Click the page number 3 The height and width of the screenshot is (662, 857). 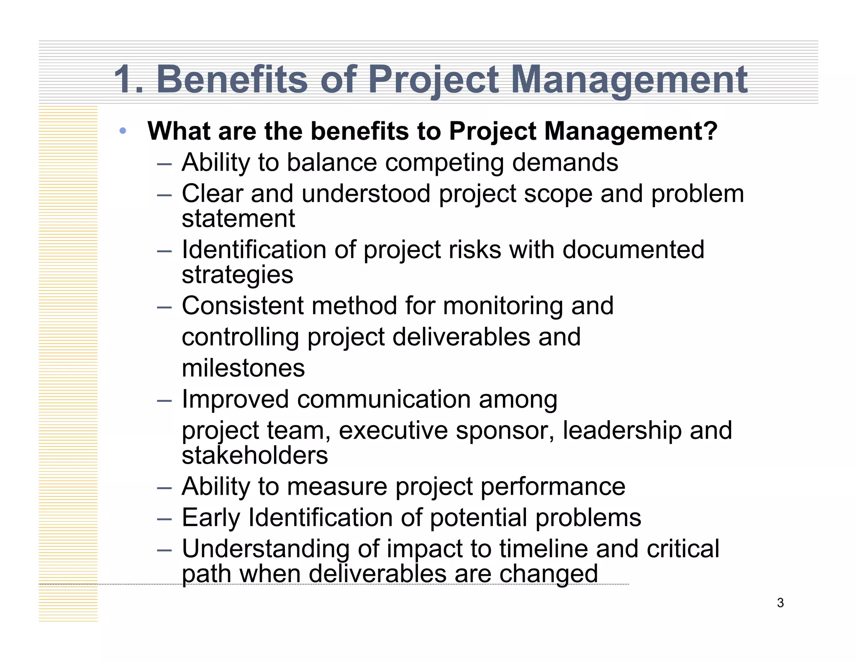780,603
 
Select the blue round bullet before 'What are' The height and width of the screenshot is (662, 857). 123,131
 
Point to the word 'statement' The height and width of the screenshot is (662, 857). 239,218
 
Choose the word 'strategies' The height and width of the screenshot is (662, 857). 238,275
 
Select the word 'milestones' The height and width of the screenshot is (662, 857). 243,368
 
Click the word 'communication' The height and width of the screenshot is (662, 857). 384,399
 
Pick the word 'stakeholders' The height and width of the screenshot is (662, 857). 255,455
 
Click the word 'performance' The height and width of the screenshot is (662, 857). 552,487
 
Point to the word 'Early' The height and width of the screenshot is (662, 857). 211,518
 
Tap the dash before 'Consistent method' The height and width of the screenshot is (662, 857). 164,307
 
